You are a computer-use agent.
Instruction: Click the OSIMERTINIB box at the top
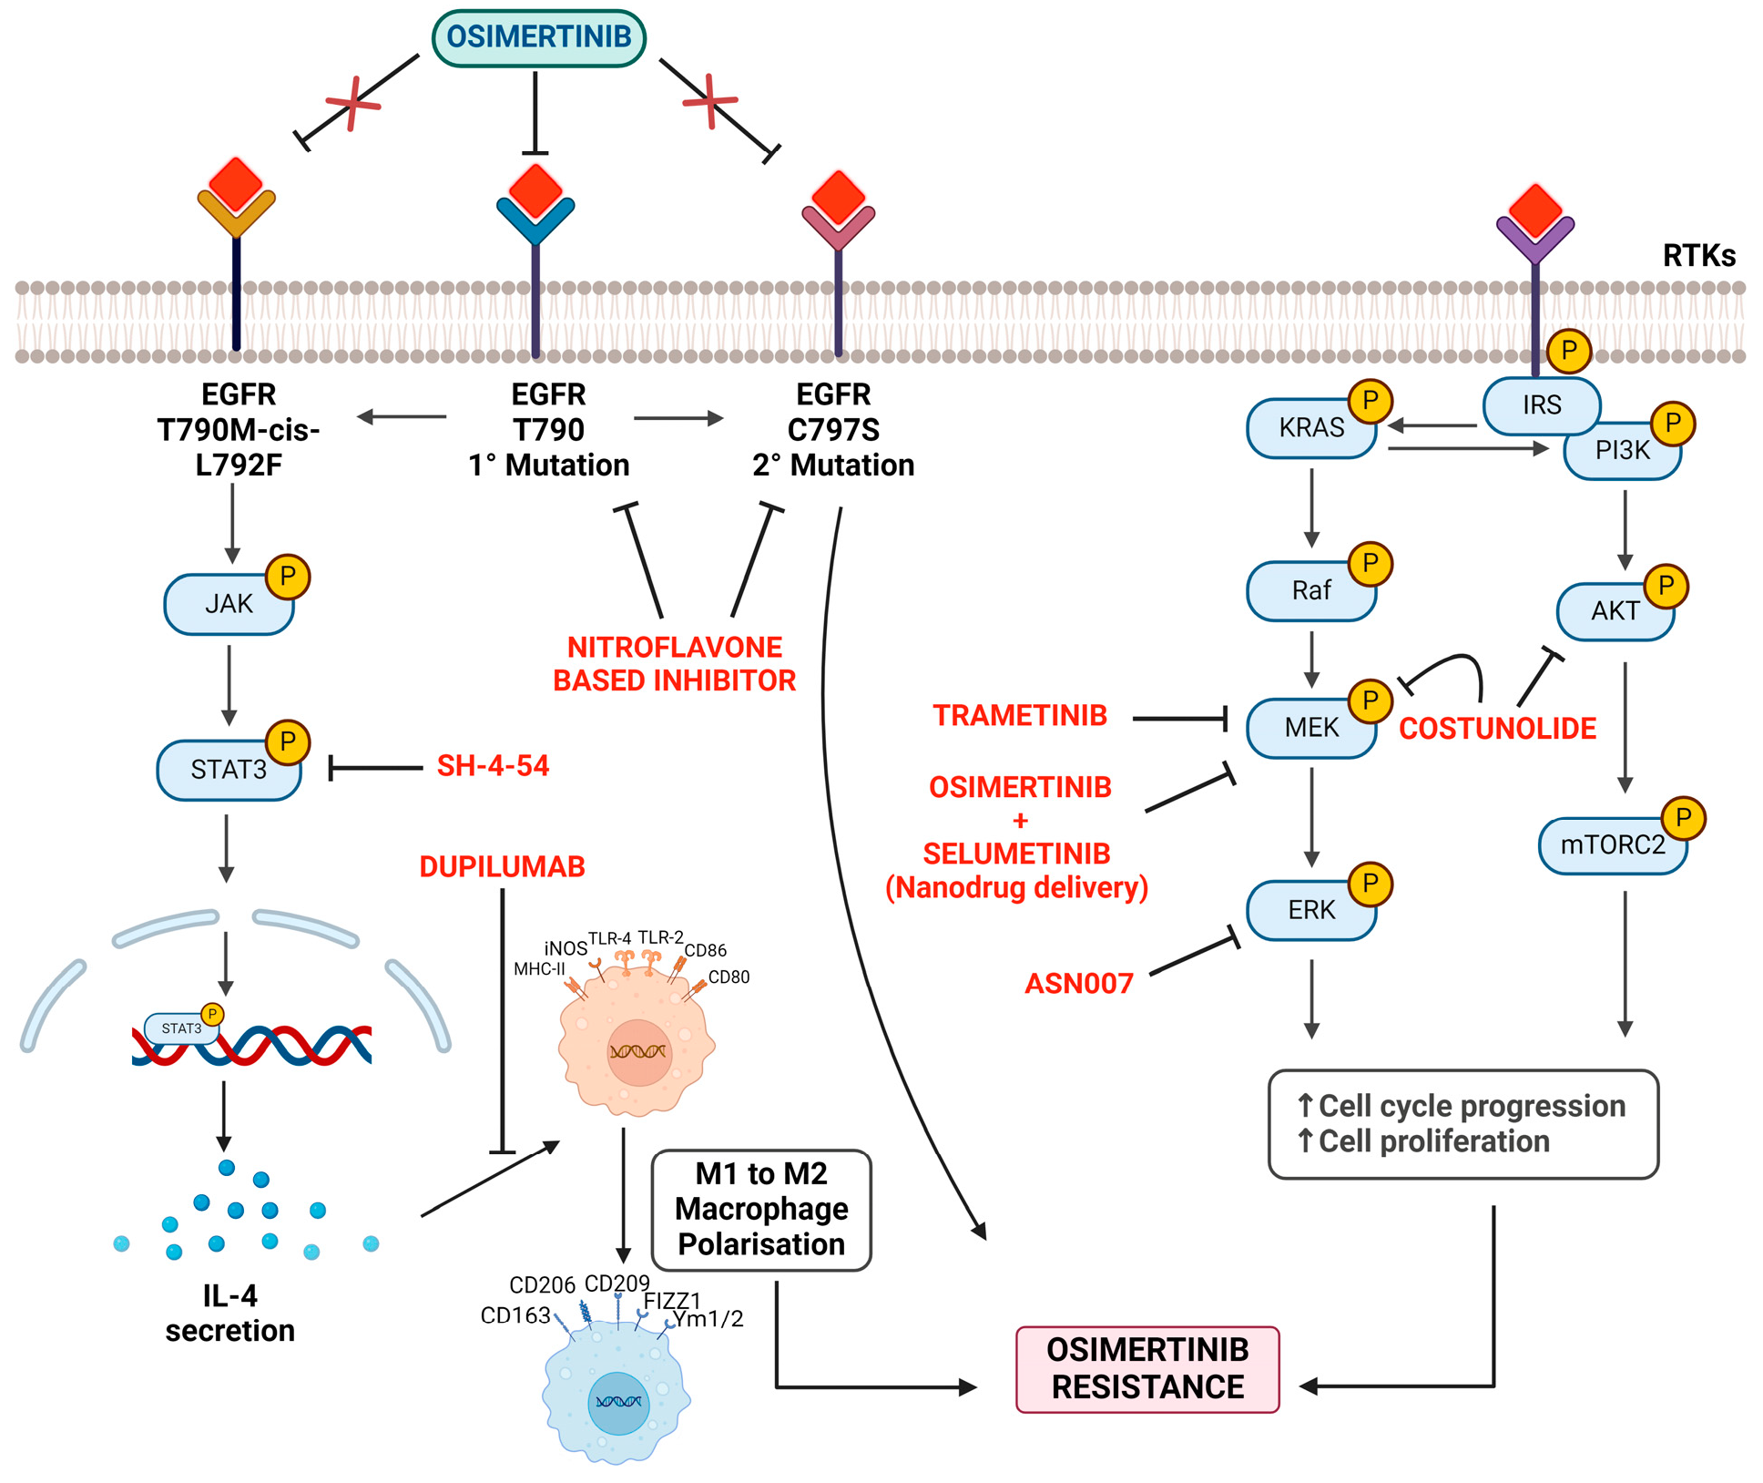[538, 38]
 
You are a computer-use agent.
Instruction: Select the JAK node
[229, 604]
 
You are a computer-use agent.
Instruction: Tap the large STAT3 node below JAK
[229, 770]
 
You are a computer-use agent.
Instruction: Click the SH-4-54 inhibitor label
[493, 766]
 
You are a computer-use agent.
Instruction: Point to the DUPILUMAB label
[502, 866]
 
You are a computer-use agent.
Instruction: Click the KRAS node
[1310, 428]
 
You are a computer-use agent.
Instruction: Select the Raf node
[1310, 591]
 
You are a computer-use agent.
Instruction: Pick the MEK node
[1310, 728]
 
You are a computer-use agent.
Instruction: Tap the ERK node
[1310, 910]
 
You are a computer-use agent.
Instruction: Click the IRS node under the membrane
[1541, 405]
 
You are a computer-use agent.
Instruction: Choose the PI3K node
[1622, 451]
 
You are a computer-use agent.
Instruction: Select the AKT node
[1615, 611]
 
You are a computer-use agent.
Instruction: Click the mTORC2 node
[1612, 845]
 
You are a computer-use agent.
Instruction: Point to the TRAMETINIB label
[1019, 716]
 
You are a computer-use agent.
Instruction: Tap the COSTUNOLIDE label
[1497, 729]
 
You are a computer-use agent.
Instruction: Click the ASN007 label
[1079, 984]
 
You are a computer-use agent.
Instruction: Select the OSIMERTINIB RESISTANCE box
[1147, 1368]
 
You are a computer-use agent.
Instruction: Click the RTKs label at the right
[1698, 256]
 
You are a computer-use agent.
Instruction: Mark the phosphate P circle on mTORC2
[1683, 818]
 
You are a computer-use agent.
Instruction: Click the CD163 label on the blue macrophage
[515, 1315]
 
